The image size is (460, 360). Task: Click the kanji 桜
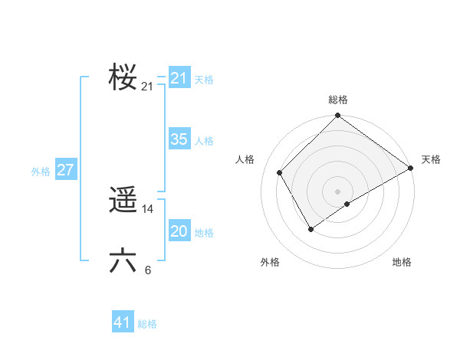click(x=123, y=77)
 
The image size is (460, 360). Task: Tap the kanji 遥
click(x=123, y=201)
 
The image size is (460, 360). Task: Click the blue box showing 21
click(x=179, y=78)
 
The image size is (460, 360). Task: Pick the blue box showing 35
click(x=179, y=139)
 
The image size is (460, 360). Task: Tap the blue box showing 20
click(x=179, y=231)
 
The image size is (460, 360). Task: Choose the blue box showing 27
click(x=65, y=170)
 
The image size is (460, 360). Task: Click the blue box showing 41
click(x=123, y=322)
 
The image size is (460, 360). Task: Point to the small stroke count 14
click(x=148, y=209)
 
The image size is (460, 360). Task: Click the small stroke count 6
click(x=148, y=270)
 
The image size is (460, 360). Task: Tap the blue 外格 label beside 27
click(x=41, y=172)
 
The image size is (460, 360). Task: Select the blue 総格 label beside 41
click(x=147, y=324)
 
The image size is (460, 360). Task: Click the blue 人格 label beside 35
click(x=204, y=141)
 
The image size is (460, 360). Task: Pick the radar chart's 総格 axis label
click(x=338, y=100)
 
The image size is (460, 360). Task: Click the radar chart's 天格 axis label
click(x=432, y=159)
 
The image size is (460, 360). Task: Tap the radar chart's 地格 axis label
click(x=402, y=262)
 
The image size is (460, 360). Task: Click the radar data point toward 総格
click(x=338, y=116)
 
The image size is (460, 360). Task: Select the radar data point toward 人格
click(x=280, y=172)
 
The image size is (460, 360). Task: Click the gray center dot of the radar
click(x=338, y=191)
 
